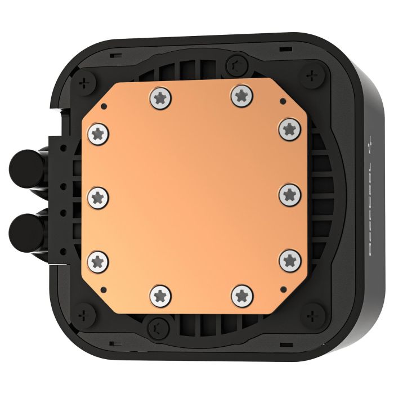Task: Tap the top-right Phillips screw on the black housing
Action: pos(310,77)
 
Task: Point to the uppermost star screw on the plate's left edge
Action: pos(97,133)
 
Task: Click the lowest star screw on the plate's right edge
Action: pos(289,259)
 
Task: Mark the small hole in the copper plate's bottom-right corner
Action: pos(281,286)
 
